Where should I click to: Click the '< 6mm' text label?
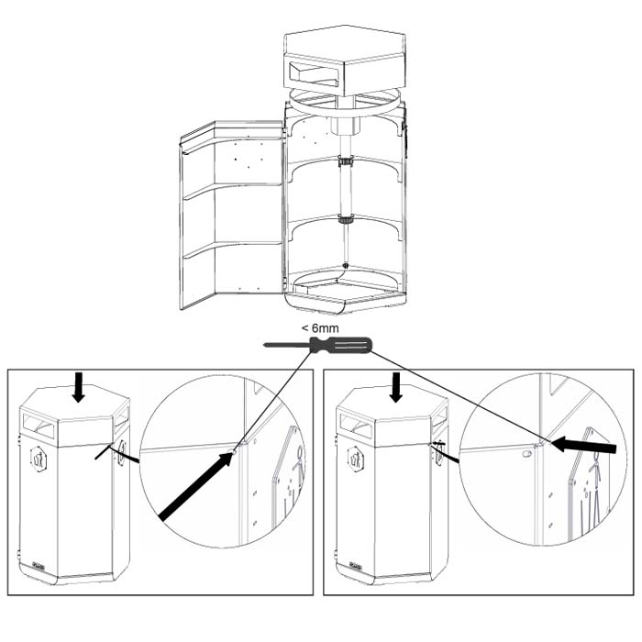320,328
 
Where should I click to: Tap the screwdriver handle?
340,345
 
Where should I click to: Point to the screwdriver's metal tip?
267,345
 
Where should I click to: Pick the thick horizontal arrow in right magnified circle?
583,445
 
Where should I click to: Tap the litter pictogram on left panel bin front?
39,459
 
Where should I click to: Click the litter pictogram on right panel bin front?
356,459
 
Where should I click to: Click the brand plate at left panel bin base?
39,566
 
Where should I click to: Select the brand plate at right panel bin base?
356,566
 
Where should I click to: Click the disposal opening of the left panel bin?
39,425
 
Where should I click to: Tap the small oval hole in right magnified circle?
527,454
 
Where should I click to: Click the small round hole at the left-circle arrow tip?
234,452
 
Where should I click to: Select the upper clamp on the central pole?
346,161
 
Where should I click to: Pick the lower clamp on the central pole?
346,219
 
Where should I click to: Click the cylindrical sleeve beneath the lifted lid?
346,123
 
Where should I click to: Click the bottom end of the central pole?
346,265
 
